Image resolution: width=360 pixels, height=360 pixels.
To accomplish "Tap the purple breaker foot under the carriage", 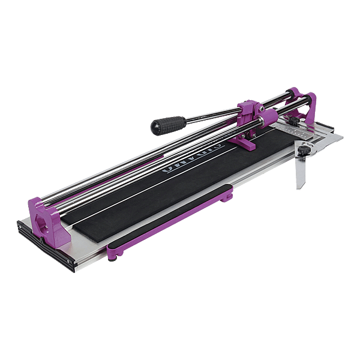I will tap(247, 142).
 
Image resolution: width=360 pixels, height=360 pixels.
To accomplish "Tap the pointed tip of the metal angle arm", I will tap(298, 188).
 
